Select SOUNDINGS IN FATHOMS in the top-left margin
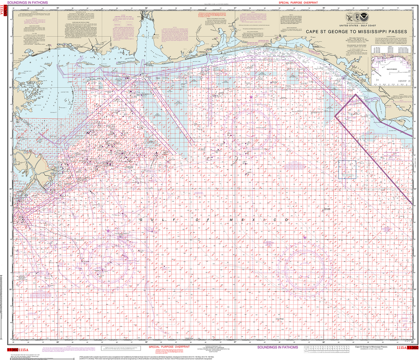[28, 3]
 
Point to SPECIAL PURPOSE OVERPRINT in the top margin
[298, 3]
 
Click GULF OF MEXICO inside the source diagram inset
[391, 69]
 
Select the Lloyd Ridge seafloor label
[280, 319]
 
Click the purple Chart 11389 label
[351, 118]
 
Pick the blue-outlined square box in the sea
[347, 169]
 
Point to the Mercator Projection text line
[356, 38]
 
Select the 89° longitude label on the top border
[57, 8]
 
